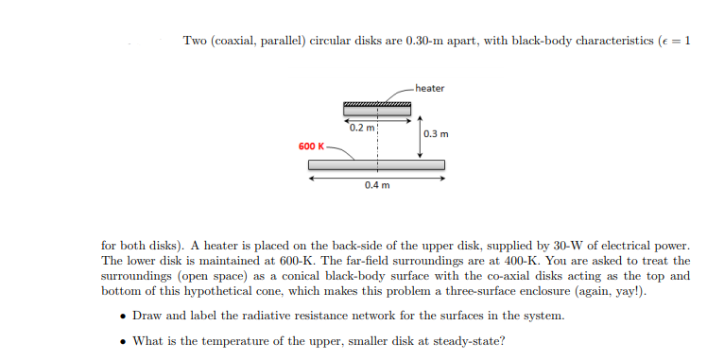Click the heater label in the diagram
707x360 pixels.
click(x=429, y=88)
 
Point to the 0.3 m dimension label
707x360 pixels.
click(x=436, y=134)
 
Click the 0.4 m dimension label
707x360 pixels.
click(x=375, y=185)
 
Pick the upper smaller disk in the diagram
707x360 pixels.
click(x=376, y=111)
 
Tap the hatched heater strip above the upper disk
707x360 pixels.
click(x=376, y=103)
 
